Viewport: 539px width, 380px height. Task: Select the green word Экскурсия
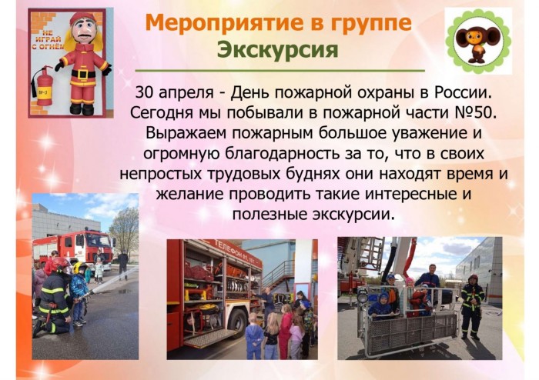pos(278,49)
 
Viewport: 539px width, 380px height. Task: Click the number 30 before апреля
pos(144,92)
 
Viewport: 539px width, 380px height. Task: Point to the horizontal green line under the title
pos(280,70)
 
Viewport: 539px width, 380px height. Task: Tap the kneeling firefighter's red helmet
pos(61,265)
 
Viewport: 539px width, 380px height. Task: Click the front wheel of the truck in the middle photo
pos(238,322)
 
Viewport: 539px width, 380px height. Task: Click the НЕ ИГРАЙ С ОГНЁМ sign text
pos(48,38)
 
